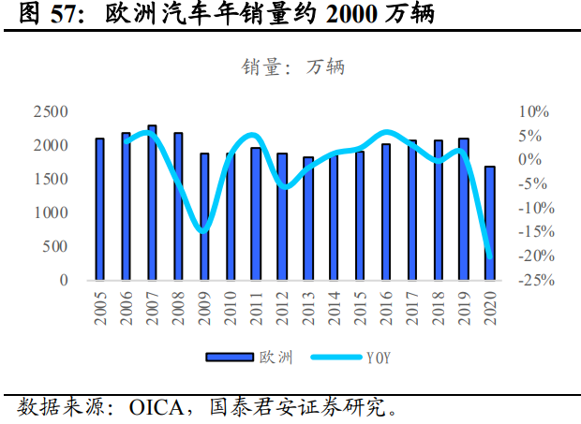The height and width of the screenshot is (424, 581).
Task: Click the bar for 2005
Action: (99, 210)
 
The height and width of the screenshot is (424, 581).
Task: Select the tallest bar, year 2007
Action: (152, 203)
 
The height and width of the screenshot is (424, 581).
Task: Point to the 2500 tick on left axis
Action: (51, 111)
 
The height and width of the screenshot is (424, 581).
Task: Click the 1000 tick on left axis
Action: (51, 212)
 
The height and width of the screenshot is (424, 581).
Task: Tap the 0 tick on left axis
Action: (64, 280)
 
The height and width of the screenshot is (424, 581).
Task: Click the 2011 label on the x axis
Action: (256, 306)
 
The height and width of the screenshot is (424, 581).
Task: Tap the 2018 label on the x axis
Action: (438, 306)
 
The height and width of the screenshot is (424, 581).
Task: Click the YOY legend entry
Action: (347, 357)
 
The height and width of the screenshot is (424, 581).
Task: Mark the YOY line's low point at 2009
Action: (201, 230)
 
